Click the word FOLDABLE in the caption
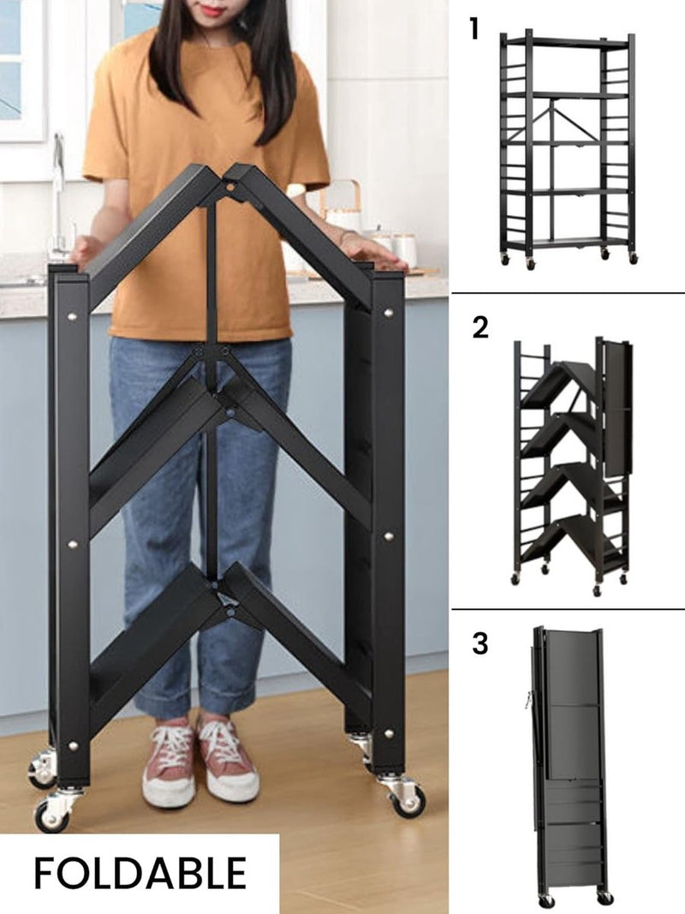[140, 873]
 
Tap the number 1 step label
[474, 29]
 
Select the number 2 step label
[480, 327]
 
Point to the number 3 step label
[480, 642]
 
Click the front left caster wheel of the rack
[53, 814]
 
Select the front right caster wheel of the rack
[406, 798]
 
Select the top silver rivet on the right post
[389, 314]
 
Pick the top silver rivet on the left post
[72, 316]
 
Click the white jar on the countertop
[404, 248]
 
